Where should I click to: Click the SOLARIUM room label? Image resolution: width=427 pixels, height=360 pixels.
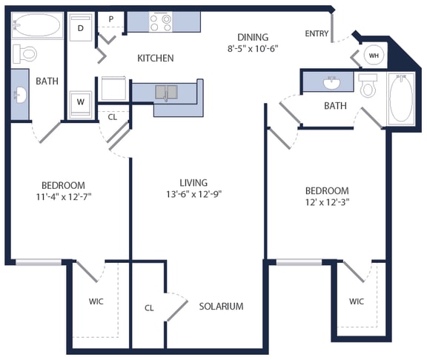pos(220,306)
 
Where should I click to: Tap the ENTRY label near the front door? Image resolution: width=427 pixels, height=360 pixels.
pos(317,34)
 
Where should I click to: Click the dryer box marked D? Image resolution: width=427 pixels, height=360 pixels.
pos(81,29)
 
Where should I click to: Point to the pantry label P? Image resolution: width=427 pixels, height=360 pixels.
pos(111,19)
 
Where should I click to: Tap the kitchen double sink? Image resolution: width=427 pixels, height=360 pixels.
pos(167,92)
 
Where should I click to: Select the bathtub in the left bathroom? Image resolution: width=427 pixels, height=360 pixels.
pos(36,27)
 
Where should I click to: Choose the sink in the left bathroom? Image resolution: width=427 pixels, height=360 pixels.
pos(20,96)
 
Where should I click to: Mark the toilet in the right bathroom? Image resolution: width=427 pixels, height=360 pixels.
pos(368,86)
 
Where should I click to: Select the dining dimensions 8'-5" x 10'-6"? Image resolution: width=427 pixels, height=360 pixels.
pos(252,50)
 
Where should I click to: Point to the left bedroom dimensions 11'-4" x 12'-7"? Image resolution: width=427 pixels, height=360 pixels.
pos(63,196)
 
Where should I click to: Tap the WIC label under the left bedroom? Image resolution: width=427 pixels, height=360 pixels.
pos(96,301)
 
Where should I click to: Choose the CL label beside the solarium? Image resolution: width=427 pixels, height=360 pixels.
pos(149,307)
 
